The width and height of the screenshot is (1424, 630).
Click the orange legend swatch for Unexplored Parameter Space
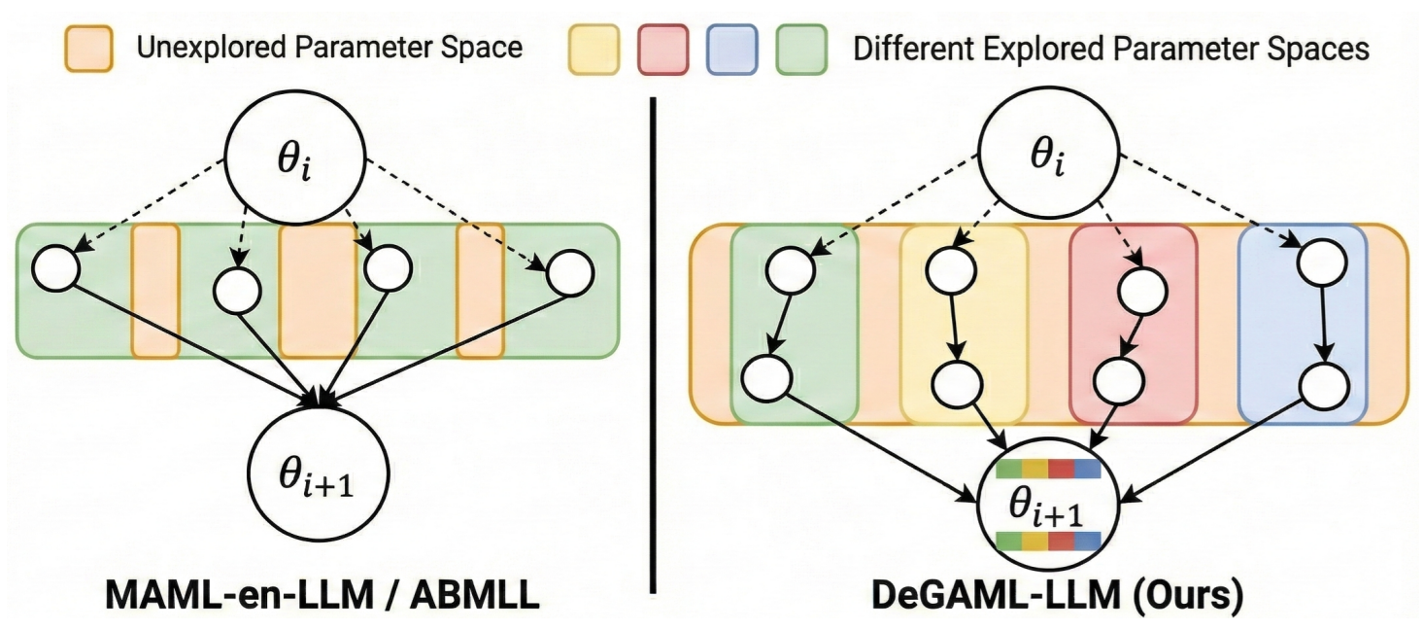pyautogui.click(x=87, y=47)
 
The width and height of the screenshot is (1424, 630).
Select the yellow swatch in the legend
pyautogui.click(x=593, y=47)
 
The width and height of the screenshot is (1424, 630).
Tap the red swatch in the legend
pyautogui.click(x=662, y=47)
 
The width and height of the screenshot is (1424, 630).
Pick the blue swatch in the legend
pyautogui.click(x=732, y=47)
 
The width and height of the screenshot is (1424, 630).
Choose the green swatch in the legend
pyautogui.click(x=801, y=47)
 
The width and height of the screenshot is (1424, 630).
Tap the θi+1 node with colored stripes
pyautogui.click(x=1048, y=504)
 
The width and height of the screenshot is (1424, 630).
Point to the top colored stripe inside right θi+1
pyautogui.click(x=1048, y=470)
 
